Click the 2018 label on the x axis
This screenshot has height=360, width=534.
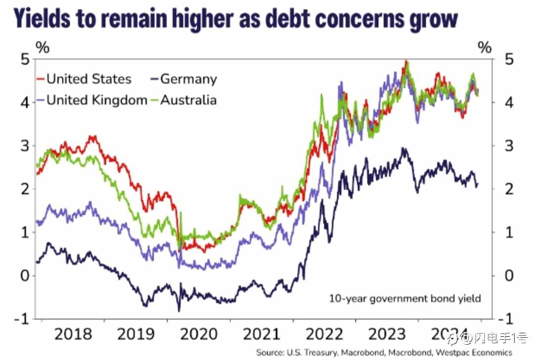[x=73, y=334]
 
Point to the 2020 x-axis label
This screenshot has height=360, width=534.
[x=199, y=334]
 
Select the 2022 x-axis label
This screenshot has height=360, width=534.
[x=325, y=334]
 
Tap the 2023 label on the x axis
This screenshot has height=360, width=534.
[x=389, y=334]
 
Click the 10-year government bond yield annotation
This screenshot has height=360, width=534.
[x=405, y=298]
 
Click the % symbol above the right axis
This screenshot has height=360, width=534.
[x=485, y=47]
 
